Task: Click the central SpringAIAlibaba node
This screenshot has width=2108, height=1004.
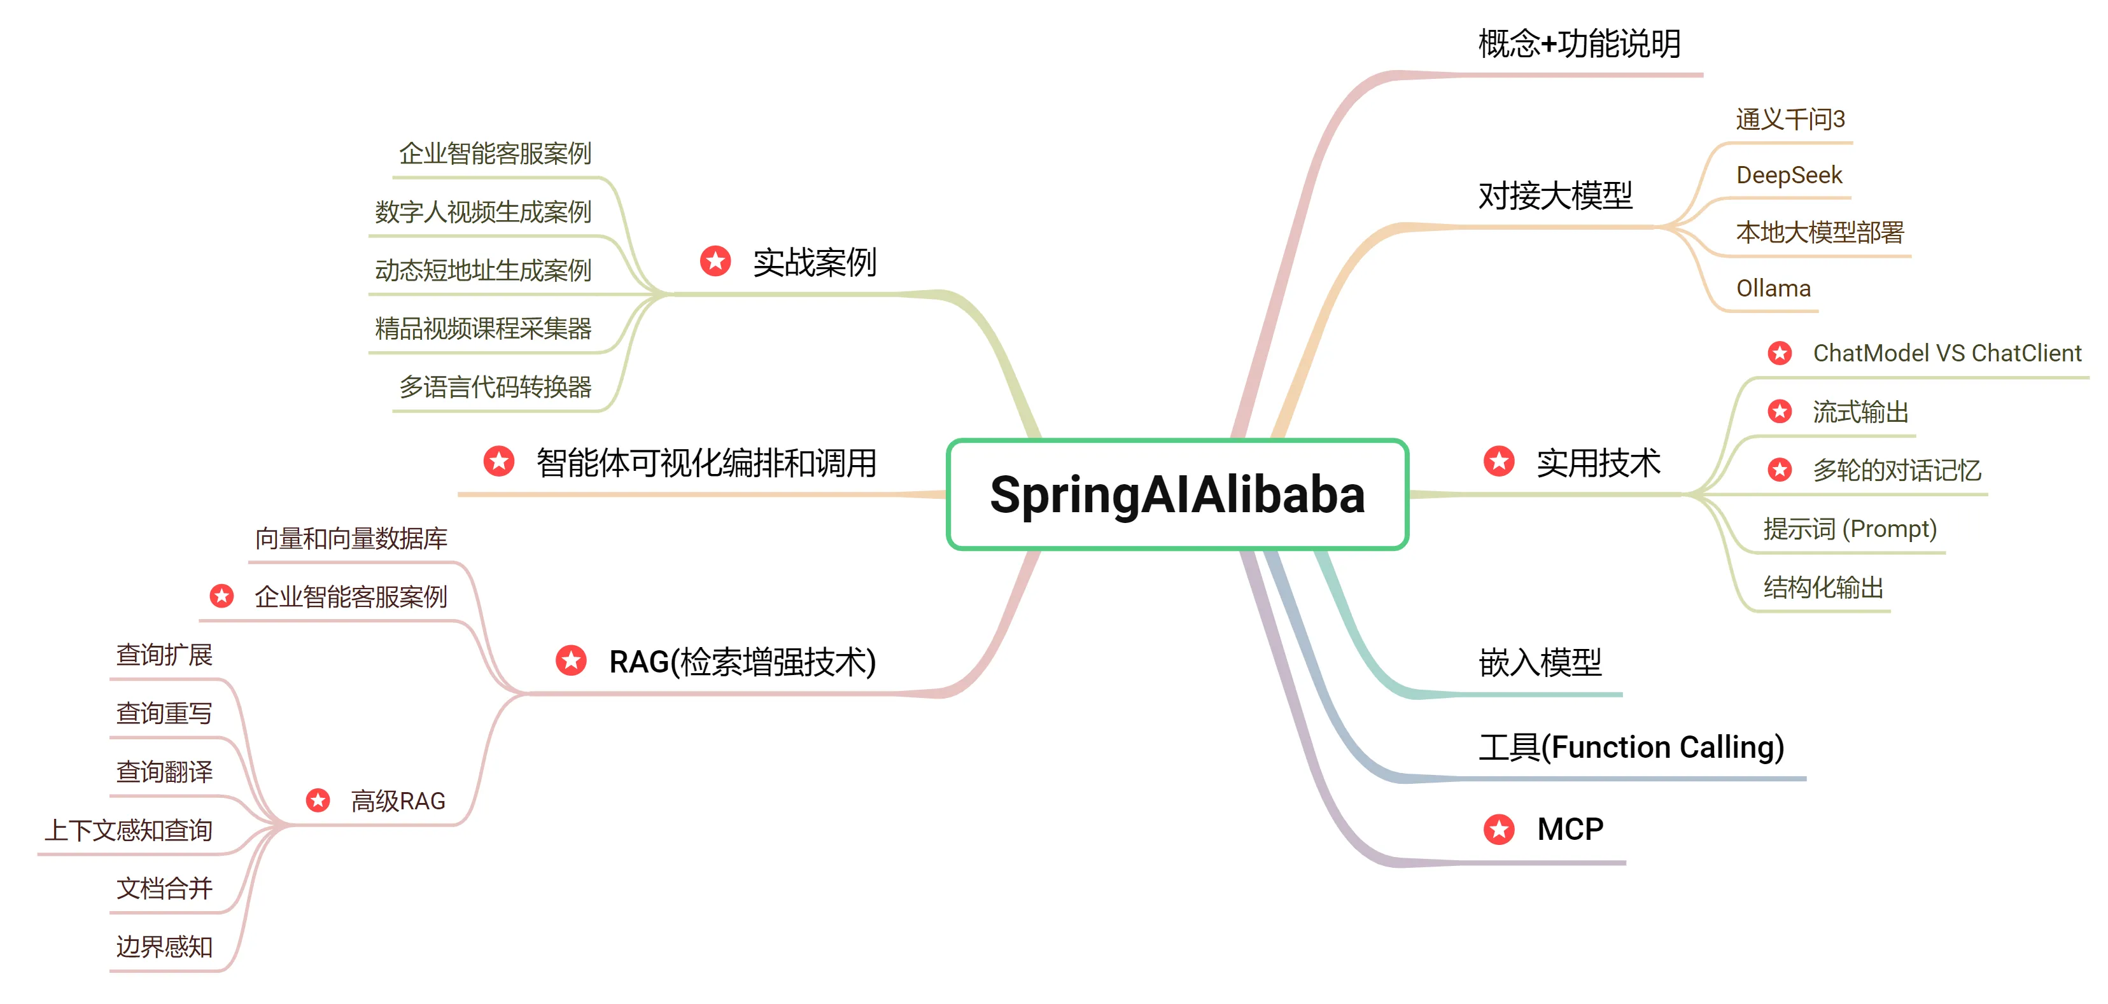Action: point(1177,494)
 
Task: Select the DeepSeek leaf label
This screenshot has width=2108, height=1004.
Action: point(1789,175)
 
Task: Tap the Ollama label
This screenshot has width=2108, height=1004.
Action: point(1773,288)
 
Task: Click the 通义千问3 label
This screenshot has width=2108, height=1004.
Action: point(1790,120)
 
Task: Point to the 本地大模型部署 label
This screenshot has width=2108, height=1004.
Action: point(1820,232)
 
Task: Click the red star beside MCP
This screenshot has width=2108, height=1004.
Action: point(1499,829)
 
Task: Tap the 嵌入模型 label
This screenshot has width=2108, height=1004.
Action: point(1540,662)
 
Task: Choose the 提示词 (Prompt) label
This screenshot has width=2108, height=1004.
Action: point(1850,529)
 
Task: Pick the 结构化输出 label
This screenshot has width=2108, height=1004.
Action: point(1824,587)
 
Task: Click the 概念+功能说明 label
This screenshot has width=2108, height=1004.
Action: point(1579,43)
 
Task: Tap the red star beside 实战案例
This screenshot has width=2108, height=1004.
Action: point(716,261)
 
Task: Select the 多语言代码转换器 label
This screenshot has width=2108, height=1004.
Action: point(495,387)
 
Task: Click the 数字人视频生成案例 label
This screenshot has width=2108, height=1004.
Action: point(483,212)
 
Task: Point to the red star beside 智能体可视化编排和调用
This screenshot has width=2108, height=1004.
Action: point(499,461)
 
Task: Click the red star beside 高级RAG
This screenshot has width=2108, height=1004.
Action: point(318,800)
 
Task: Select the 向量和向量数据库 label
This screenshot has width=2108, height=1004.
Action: point(351,538)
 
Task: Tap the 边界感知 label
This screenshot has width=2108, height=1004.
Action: point(164,947)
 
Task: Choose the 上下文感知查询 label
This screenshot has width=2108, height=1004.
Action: point(129,830)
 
